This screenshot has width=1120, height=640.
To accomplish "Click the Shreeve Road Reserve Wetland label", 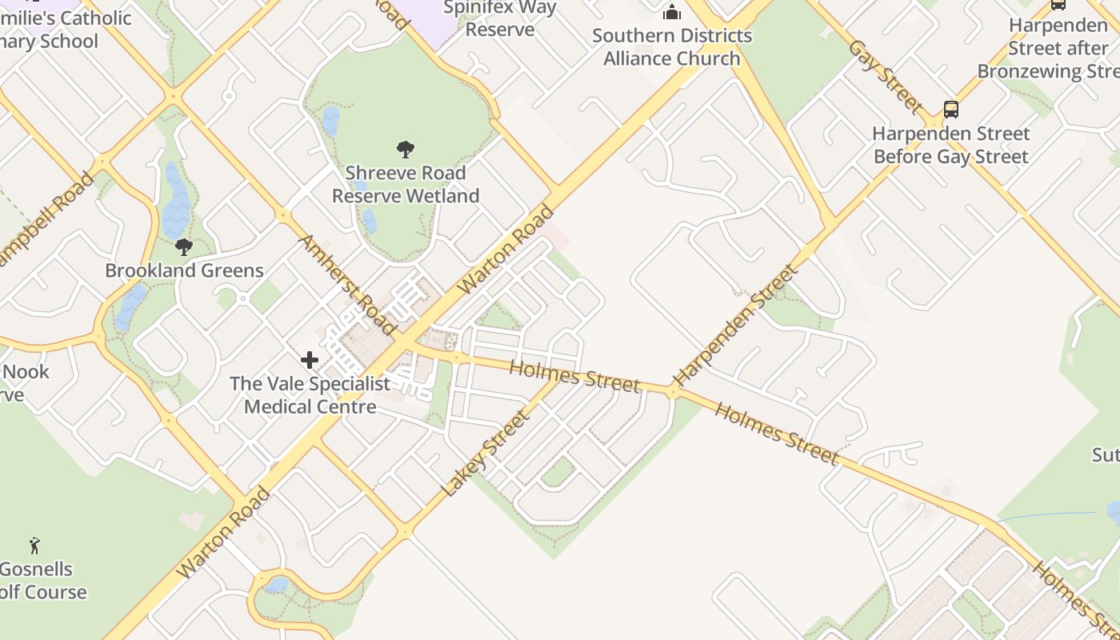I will (x=406, y=185).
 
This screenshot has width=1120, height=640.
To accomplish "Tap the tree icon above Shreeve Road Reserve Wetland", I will (x=406, y=149).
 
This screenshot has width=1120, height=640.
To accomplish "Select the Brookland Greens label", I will (x=184, y=270).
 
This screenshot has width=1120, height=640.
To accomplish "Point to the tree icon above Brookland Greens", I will (x=184, y=246).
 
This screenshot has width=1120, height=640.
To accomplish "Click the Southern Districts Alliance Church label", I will (x=672, y=47).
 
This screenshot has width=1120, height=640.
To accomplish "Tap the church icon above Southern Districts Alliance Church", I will (x=672, y=12).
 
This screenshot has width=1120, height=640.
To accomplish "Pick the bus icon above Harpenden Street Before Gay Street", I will (x=950, y=109).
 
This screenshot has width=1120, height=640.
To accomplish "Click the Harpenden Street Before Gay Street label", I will (x=950, y=145).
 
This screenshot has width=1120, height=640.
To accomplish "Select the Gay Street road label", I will (x=886, y=75).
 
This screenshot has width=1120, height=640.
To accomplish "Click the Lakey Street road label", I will (x=486, y=454).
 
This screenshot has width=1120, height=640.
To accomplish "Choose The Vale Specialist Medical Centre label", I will (x=310, y=395).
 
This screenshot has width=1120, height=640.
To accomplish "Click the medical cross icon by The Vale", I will (x=310, y=361).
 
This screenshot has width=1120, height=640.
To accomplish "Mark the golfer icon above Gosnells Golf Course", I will (x=34, y=546).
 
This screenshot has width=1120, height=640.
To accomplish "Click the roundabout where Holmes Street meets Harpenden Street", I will (x=673, y=391).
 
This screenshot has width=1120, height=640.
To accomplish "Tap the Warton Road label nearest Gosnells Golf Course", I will (x=223, y=533).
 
